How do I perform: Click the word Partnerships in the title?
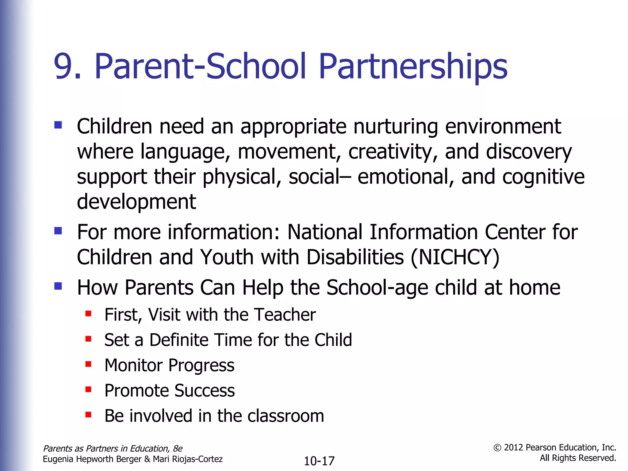click(x=413, y=67)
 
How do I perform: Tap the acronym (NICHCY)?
click(x=455, y=257)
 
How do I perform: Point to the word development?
click(x=136, y=202)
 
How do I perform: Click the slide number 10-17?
click(x=319, y=461)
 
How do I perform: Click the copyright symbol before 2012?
click(x=497, y=448)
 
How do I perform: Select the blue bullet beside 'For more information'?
click(x=58, y=231)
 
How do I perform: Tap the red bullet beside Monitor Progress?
click(x=88, y=364)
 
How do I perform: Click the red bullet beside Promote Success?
click(x=88, y=389)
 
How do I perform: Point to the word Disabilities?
click(x=355, y=257)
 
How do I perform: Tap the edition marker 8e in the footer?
click(x=178, y=449)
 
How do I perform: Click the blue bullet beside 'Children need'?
click(x=58, y=125)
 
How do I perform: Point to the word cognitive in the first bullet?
click(x=543, y=177)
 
